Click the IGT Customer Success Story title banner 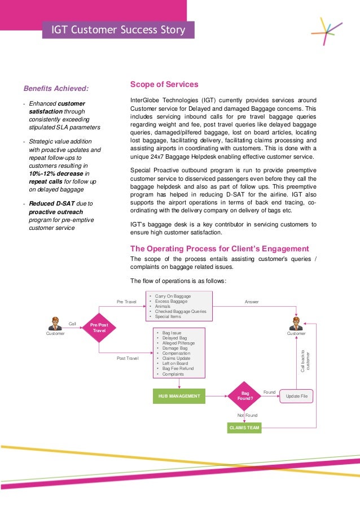point(118,30)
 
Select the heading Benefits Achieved point(56,88)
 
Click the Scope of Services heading point(164,85)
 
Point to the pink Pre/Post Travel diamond point(99,327)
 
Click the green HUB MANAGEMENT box point(179,396)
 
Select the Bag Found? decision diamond point(244,395)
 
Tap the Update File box point(296,396)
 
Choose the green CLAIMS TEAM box point(244,428)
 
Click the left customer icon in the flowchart point(55,324)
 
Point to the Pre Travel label point(126,302)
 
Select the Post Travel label point(127,358)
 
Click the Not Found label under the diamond point(247,415)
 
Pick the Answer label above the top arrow point(252,302)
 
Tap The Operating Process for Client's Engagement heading point(219,249)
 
